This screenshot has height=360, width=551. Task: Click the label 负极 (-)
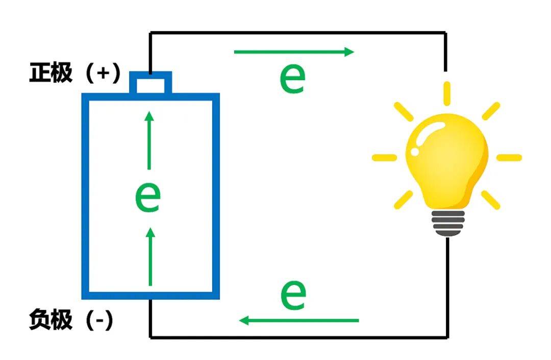click(71, 321)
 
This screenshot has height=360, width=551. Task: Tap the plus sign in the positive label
click(103, 74)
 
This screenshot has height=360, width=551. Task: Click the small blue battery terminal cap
click(150, 83)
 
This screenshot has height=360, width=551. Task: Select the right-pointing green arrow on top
click(293, 52)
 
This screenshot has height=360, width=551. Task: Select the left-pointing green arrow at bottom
click(299, 321)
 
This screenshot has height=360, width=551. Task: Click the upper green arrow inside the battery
click(149, 140)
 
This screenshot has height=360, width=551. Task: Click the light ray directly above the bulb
click(447, 93)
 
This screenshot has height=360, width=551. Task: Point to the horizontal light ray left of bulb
click(384, 157)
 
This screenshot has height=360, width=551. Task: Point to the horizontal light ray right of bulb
click(509, 157)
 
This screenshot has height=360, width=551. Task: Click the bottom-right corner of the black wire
click(448, 337)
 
